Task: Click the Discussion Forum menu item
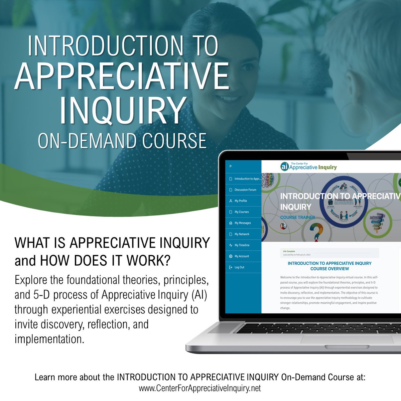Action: pyautogui.click(x=245, y=190)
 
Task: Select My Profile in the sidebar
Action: pyautogui.click(x=241, y=201)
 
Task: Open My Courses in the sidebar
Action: pyautogui.click(x=241, y=212)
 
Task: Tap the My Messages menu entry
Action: pyautogui.click(x=242, y=223)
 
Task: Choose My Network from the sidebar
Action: pyautogui.click(x=242, y=234)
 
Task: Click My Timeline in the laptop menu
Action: pyautogui.click(x=242, y=245)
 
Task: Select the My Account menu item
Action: pyautogui.click(x=242, y=256)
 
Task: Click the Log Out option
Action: pyautogui.click(x=239, y=267)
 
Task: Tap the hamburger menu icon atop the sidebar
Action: pyautogui.click(x=231, y=166)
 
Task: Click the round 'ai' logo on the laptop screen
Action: pyautogui.click(x=284, y=166)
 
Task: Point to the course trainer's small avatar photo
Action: pyautogui.click(x=283, y=226)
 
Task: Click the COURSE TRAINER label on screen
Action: pyautogui.click(x=297, y=217)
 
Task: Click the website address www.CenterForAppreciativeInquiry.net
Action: pyautogui.click(x=200, y=388)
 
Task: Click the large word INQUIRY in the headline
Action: pyautogui.click(x=123, y=110)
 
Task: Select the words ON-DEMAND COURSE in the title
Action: pyautogui.click(x=122, y=141)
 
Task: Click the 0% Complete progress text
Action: pyautogui.click(x=289, y=251)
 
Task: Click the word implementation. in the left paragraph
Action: pyautogui.click(x=49, y=339)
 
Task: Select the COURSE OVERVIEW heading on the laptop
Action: pyautogui.click(x=329, y=269)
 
